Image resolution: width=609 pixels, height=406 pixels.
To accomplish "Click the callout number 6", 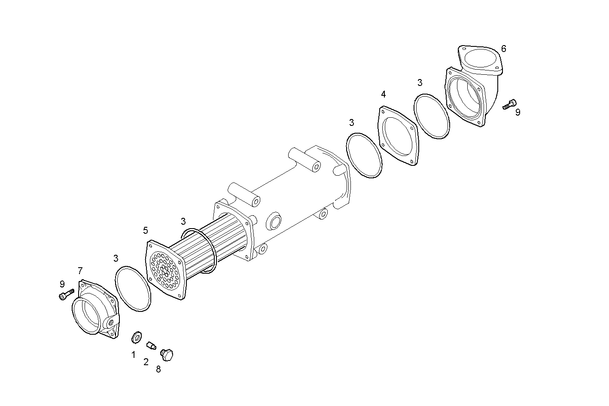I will tap(503, 49).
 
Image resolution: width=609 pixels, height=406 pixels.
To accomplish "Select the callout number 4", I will tap(383, 94).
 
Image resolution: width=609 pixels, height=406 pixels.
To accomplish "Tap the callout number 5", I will tap(146, 231).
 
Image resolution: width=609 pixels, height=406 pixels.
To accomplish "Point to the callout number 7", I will tap(80, 271).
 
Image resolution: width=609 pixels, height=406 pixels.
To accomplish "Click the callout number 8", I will tap(158, 369).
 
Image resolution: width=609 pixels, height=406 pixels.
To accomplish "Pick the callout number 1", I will tap(133, 355).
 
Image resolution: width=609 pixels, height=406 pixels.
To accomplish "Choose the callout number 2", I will tap(146, 362).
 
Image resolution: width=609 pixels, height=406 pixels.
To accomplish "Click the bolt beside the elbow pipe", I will tap(510, 104).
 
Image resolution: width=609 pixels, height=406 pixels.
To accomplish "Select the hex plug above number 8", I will tap(167, 354).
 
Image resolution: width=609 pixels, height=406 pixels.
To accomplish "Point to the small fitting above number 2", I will tap(150, 345).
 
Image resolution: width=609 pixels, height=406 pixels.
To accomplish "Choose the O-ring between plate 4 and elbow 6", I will tap(432, 116).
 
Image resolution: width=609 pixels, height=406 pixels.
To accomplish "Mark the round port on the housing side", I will tap(274, 221).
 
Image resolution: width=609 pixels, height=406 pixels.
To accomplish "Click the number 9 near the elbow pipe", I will tap(518, 112).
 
